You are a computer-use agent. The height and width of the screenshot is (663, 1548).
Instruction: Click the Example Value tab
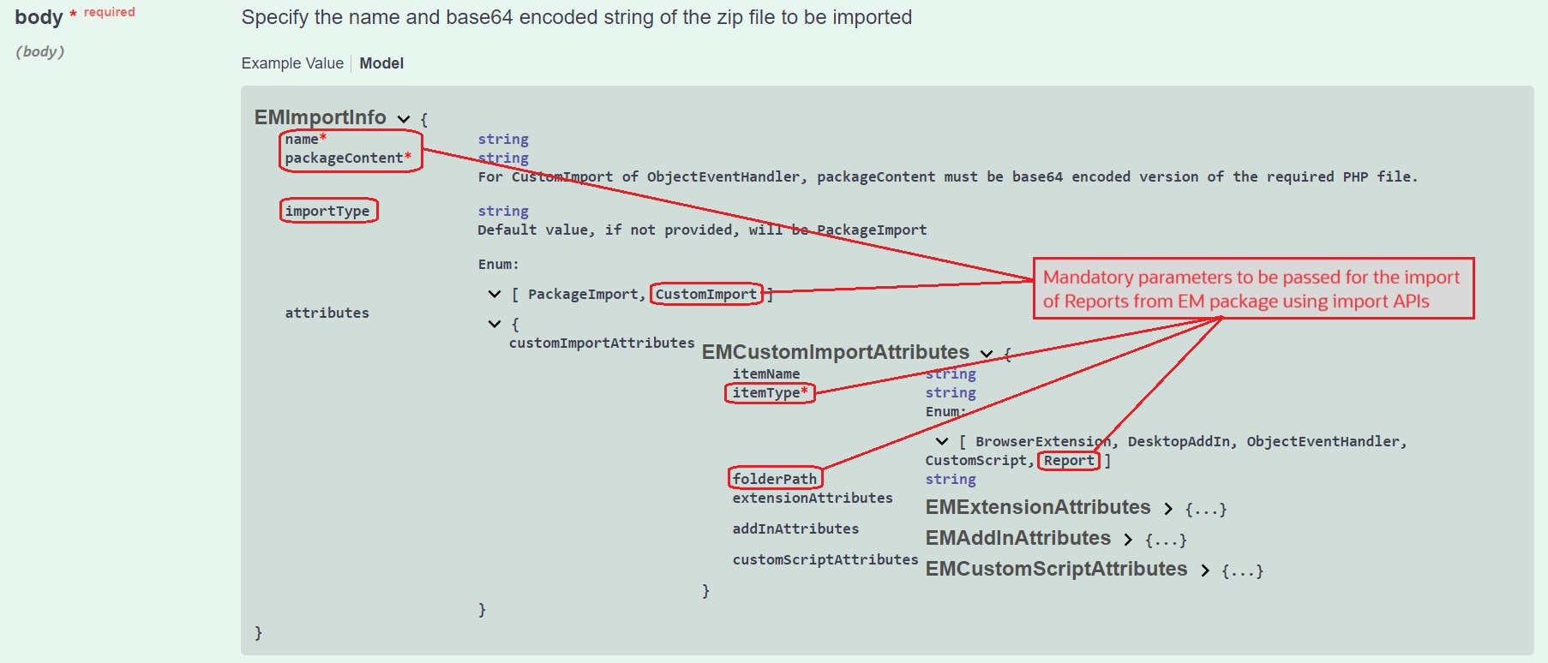(x=292, y=63)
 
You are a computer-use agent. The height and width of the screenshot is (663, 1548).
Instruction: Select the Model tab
(x=381, y=63)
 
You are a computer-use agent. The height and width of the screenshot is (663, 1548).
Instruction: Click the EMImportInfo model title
(x=320, y=117)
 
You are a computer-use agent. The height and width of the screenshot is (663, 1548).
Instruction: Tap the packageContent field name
(x=344, y=158)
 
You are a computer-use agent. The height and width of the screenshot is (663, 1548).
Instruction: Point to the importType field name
(x=327, y=211)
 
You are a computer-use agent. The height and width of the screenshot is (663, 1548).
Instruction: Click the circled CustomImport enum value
(x=705, y=295)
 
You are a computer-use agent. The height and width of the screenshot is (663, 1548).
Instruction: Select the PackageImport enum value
(x=583, y=295)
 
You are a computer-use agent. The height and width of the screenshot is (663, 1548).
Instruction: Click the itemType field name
(x=766, y=393)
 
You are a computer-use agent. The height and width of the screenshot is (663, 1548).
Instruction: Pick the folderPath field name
(x=774, y=479)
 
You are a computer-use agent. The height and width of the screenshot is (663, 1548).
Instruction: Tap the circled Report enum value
(x=1068, y=461)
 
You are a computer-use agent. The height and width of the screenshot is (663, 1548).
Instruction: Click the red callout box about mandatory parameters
(x=1252, y=289)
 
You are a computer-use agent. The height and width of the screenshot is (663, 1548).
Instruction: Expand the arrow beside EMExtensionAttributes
(x=1168, y=509)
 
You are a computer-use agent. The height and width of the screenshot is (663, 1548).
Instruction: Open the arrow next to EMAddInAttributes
(x=1128, y=540)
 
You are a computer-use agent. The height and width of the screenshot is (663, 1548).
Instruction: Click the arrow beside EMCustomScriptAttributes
(x=1205, y=570)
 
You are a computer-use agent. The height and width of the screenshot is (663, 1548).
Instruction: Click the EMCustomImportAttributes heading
(x=835, y=352)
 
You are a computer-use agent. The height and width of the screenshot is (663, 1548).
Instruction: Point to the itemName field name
(x=765, y=374)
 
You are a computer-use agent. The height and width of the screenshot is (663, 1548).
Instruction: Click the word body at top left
(x=39, y=17)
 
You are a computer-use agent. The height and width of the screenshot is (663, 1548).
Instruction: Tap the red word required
(x=109, y=12)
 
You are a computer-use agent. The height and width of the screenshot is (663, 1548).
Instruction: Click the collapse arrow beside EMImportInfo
(x=404, y=119)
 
